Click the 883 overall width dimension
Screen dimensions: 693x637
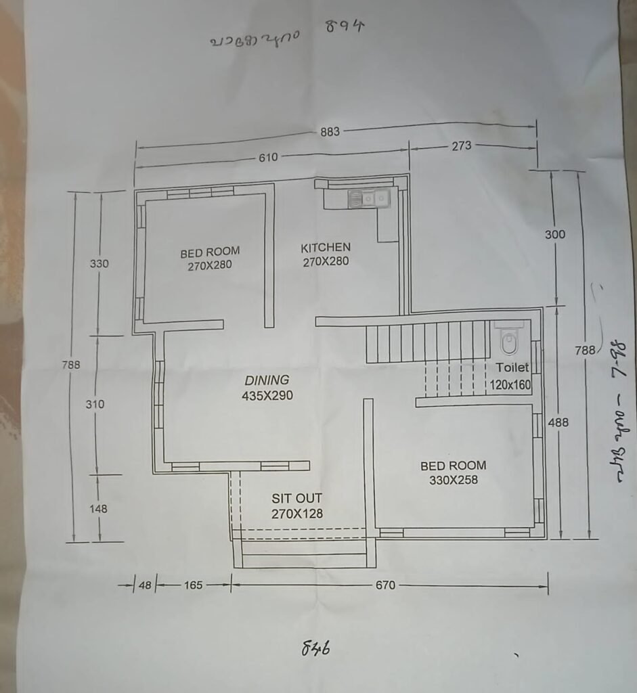coord(330,132)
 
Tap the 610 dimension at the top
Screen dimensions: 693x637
coord(268,158)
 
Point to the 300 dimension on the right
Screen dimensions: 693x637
coord(554,234)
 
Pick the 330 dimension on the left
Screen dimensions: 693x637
coord(99,264)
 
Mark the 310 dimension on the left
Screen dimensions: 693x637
coord(95,404)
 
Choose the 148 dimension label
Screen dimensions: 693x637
coord(97,508)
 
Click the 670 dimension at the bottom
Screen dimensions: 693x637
coord(385,585)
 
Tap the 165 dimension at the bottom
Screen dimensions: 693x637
coord(193,585)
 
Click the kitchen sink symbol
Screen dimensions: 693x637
coord(368,198)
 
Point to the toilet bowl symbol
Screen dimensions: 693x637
coord(508,342)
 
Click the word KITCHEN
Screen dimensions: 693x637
coord(326,248)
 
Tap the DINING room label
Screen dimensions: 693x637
coord(267,380)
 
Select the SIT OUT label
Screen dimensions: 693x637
coord(296,499)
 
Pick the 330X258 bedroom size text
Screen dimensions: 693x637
coord(453,480)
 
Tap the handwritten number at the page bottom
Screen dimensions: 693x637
coord(315,648)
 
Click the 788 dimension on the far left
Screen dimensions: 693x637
coord(70,365)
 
